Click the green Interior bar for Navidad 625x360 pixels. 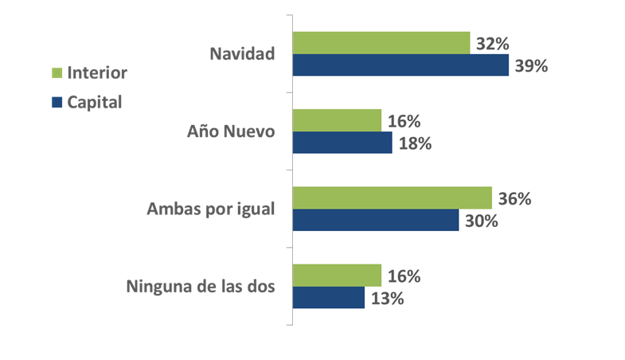tap(381, 43)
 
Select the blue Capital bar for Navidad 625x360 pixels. tap(400, 65)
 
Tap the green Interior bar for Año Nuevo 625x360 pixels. tap(338, 120)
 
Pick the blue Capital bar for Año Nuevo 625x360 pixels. tap(342, 143)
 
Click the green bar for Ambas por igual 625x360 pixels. tap(393, 198)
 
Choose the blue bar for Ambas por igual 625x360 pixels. tap(376, 220)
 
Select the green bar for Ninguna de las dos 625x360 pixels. tap(338, 275)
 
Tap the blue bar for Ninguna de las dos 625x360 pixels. tap(329, 297)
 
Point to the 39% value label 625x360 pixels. tap(531, 66)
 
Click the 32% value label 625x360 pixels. tap(493, 44)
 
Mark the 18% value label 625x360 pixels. tap(415, 143)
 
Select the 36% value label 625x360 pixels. tap(514, 198)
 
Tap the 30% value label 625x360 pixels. tap(482, 221)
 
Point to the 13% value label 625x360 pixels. tap(388, 298)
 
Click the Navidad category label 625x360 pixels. tap(242, 54)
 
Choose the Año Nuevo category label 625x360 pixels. tap(231, 131)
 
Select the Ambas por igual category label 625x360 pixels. tap(211, 209)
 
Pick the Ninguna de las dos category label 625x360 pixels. tap(201, 286)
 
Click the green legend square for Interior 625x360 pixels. tap(57, 73)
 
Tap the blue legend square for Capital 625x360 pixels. tap(57, 103)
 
